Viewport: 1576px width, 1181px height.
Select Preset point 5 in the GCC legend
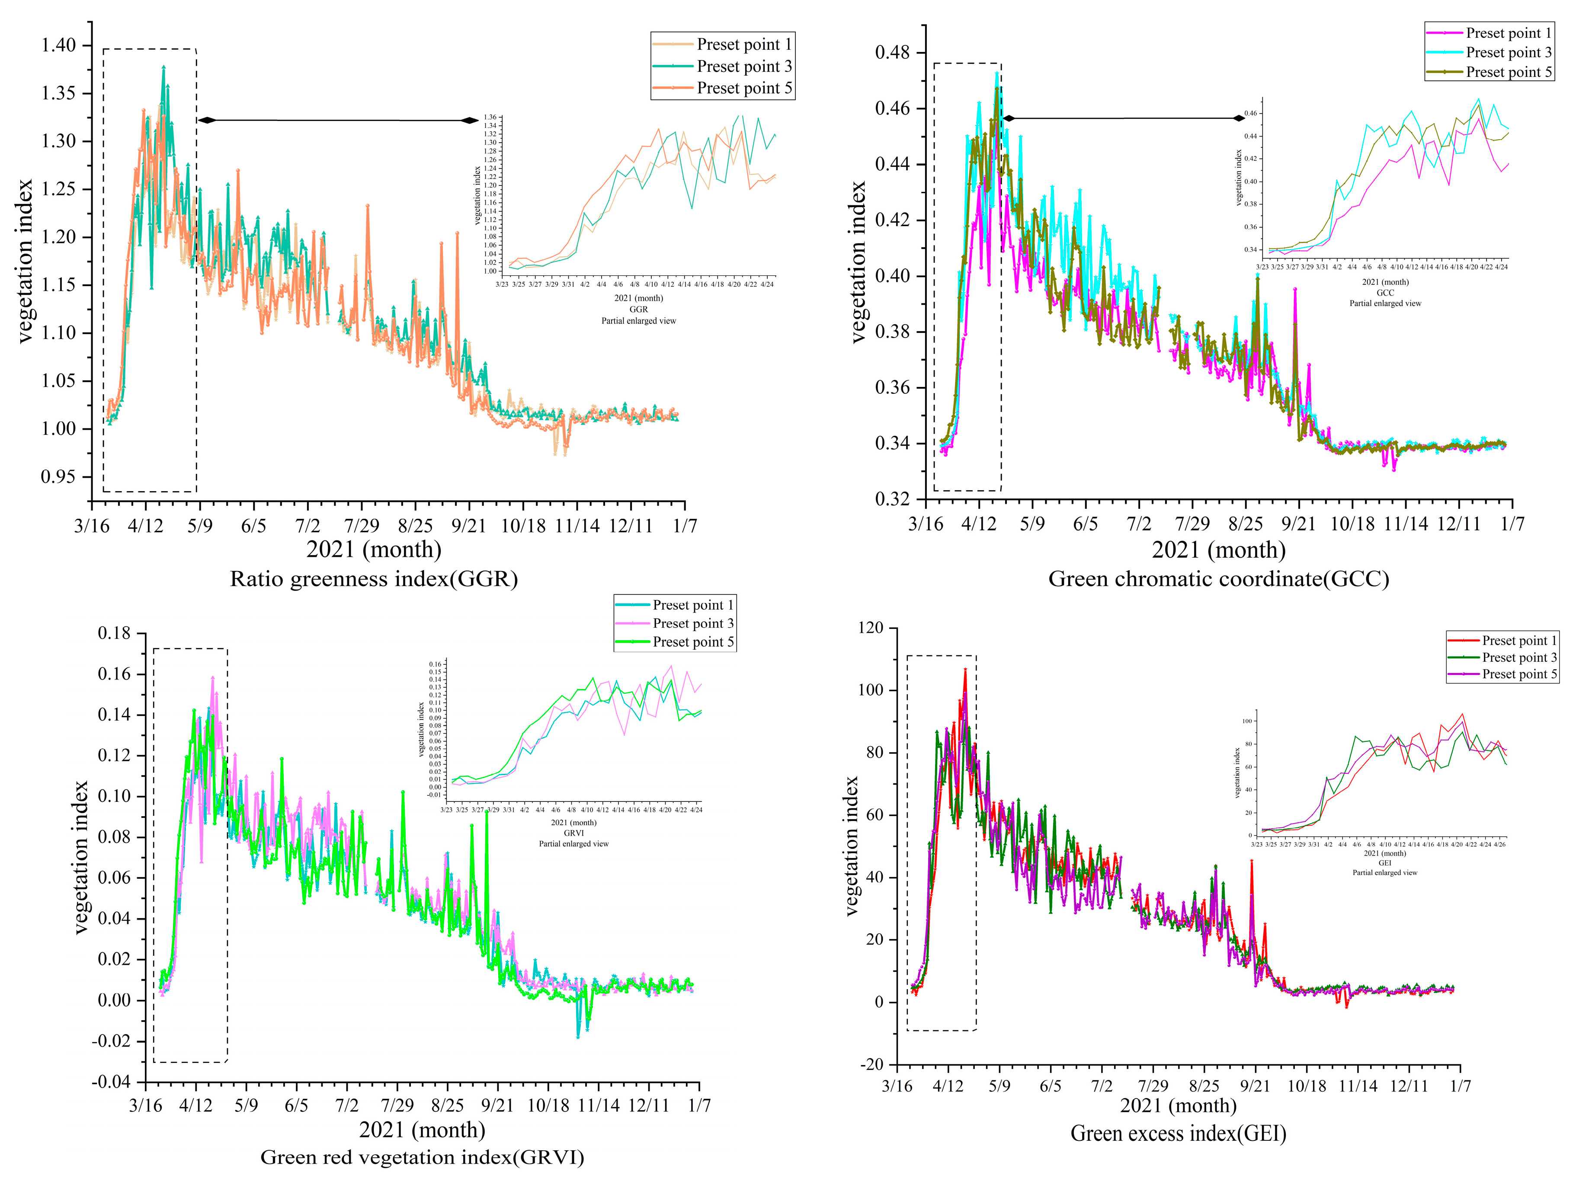point(1508,72)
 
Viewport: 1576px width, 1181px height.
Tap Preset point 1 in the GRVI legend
point(692,605)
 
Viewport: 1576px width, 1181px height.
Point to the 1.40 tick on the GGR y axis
point(58,45)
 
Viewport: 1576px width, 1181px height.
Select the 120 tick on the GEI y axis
point(871,628)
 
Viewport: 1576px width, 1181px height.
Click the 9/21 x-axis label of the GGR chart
point(469,526)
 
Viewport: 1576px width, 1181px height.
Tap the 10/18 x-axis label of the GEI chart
point(1307,1086)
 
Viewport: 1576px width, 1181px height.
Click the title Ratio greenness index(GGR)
point(373,578)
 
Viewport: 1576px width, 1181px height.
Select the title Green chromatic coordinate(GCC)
point(1218,578)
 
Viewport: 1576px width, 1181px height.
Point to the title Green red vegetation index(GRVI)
point(422,1157)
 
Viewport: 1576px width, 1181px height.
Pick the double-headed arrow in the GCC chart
point(1124,118)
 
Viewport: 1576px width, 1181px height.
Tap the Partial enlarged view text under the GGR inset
point(638,320)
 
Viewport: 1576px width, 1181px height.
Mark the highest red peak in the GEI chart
point(965,670)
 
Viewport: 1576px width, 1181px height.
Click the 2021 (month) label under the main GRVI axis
point(422,1130)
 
